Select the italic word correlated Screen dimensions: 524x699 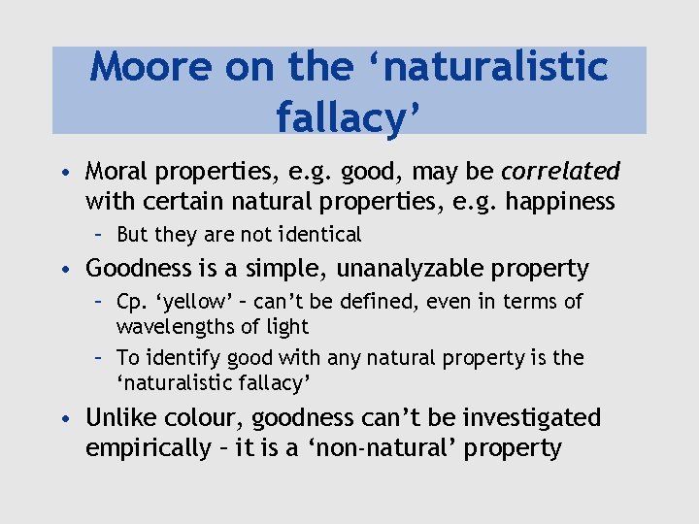[560, 172]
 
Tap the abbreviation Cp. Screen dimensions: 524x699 [131, 302]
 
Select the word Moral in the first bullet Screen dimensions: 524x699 [116, 172]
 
